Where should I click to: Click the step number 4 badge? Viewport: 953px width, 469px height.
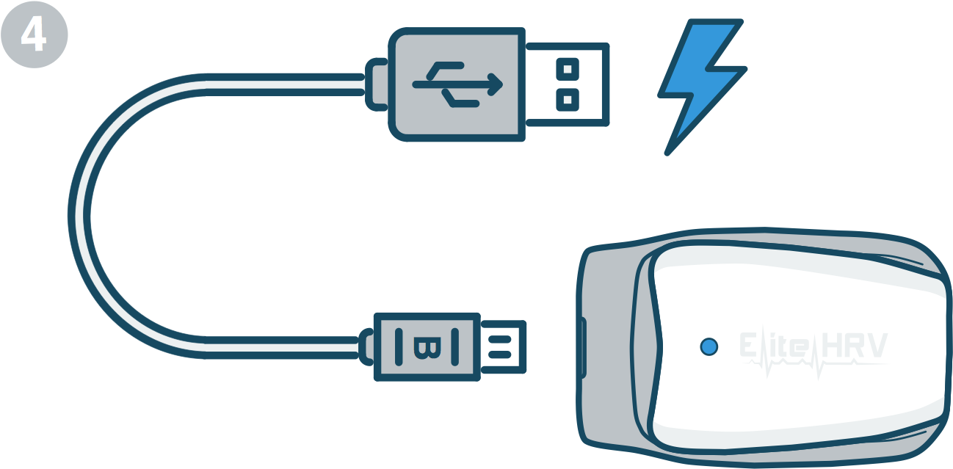(x=34, y=34)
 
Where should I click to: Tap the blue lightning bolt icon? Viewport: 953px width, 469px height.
(x=701, y=85)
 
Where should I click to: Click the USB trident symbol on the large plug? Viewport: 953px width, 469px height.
(x=458, y=84)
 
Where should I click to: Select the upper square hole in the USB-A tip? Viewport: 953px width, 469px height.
(x=568, y=69)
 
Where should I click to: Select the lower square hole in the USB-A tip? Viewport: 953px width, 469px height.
(x=568, y=100)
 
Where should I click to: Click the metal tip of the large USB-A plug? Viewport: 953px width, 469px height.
(x=568, y=84)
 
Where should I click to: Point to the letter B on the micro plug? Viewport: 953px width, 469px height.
(x=427, y=347)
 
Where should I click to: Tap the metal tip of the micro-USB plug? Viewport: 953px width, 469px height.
(x=504, y=347)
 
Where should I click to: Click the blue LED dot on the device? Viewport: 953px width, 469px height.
(x=709, y=346)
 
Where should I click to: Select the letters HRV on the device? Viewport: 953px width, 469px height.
(x=854, y=345)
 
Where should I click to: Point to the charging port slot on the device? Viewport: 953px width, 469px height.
(x=582, y=347)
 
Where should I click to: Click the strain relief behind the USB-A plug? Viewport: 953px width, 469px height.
(x=377, y=84)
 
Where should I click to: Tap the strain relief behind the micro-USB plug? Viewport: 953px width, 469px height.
(x=366, y=347)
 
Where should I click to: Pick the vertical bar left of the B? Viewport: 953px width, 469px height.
(x=399, y=347)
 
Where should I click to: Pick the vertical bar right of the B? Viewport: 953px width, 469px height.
(x=454, y=347)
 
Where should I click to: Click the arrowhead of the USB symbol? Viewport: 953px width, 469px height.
(x=496, y=84)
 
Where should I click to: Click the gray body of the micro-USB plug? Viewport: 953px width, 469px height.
(x=427, y=347)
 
